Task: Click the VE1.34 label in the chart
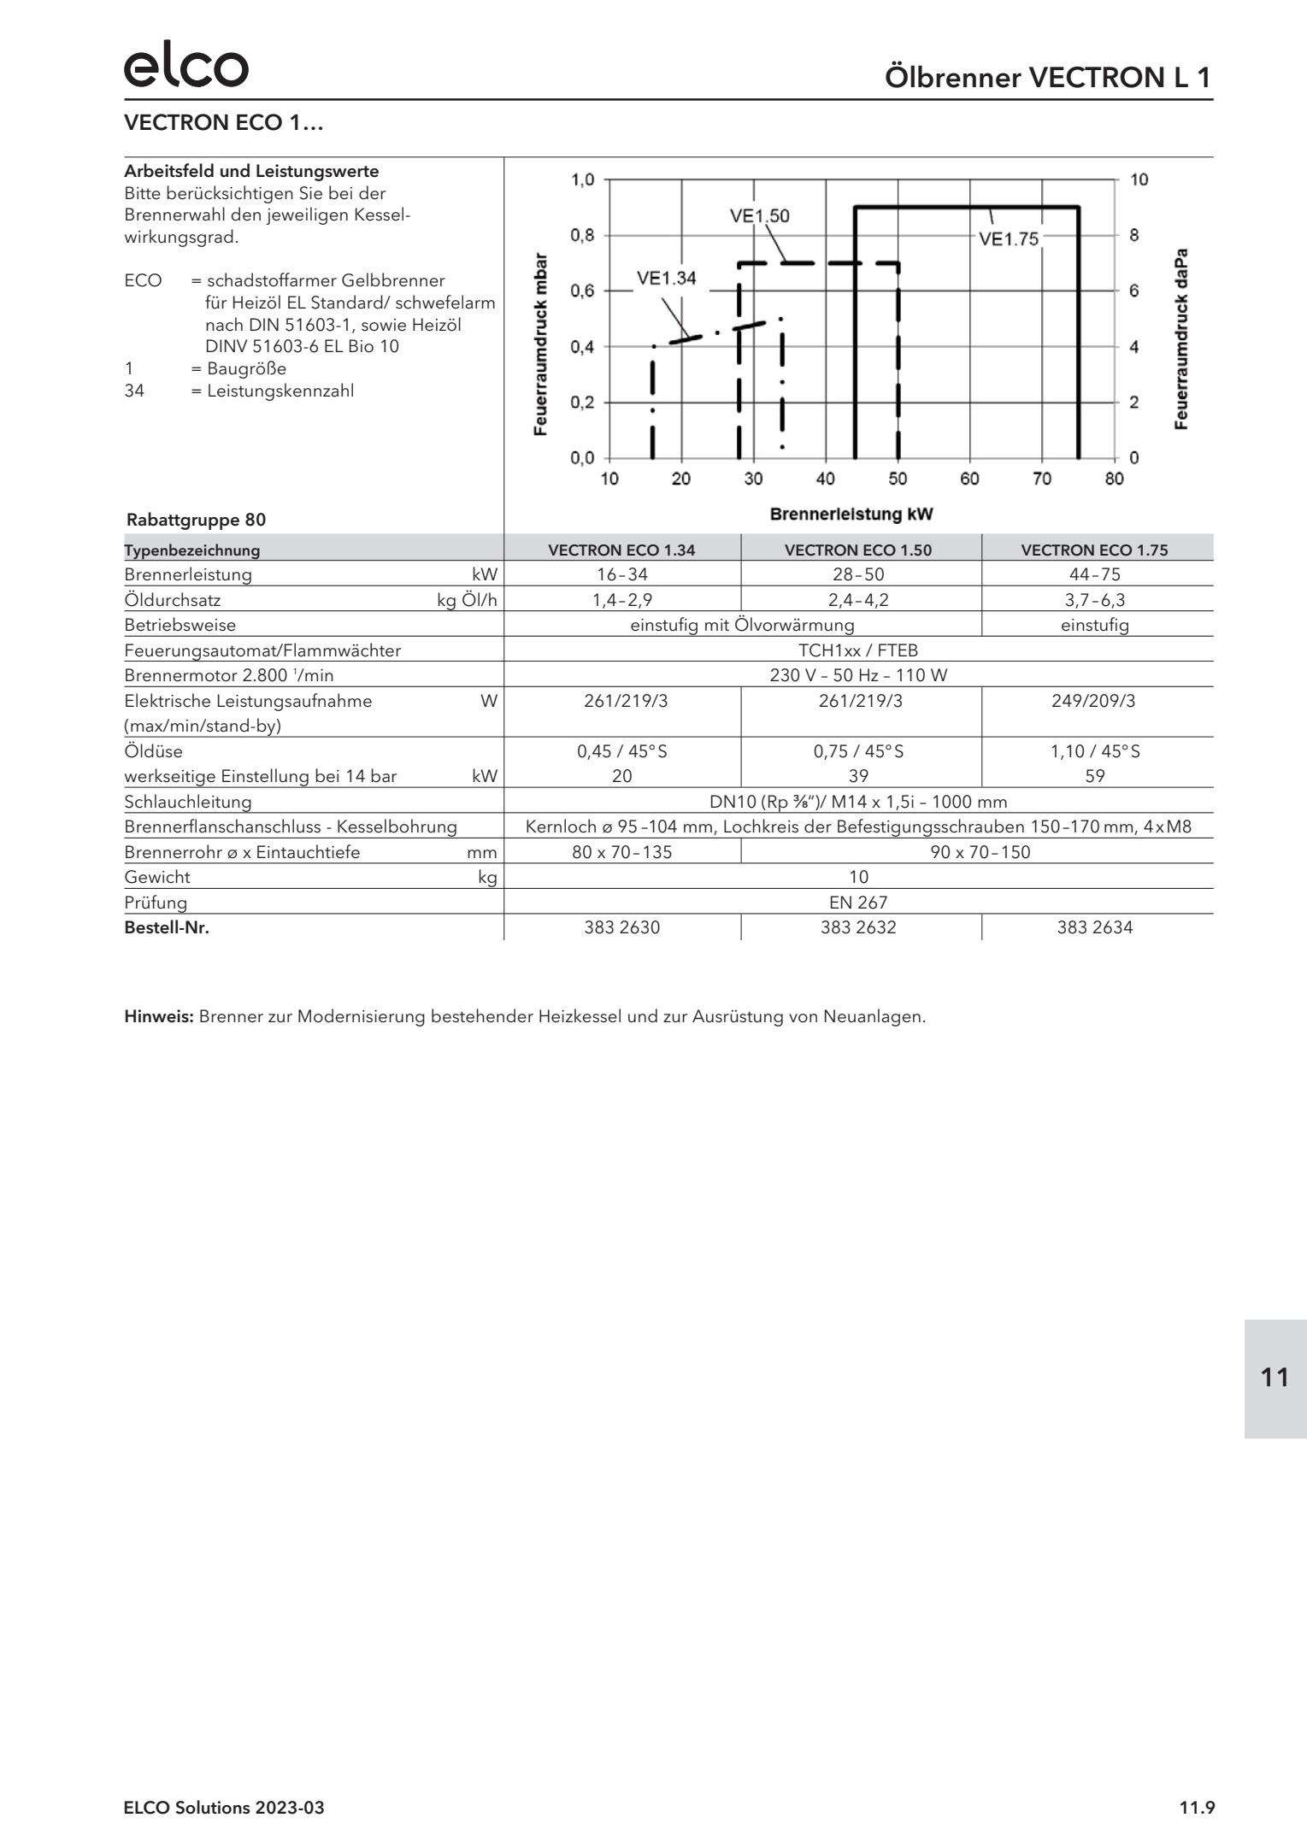pos(666,279)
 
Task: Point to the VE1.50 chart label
pos(759,216)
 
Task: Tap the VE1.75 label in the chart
pos(1008,239)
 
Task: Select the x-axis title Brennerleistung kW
pos(851,515)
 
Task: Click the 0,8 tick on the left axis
pos(582,235)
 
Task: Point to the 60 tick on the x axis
pos(969,479)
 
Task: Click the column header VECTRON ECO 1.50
pos(858,550)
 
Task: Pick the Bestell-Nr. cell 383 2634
pos(1094,927)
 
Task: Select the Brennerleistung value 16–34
pos(621,574)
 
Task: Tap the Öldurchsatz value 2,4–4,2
pos(858,600)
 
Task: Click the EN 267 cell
pos(858,903)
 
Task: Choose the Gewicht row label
pos(157,877)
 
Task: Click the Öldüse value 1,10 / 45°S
pos(1094,751)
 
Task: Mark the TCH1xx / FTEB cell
pos(858,650)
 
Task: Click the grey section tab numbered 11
pos(1275,1378)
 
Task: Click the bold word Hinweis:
pos(160,1017)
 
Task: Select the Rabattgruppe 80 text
pos(196,520)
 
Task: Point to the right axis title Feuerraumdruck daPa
pos(1181,340)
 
